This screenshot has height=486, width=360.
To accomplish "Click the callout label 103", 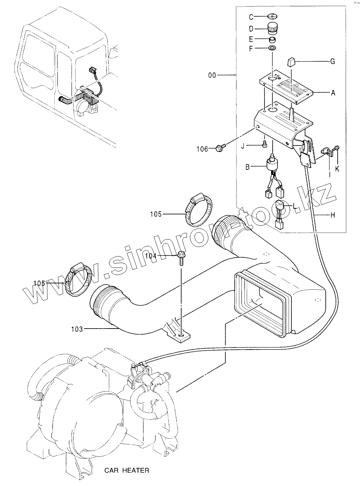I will pyautogui.click(x=77, y=329).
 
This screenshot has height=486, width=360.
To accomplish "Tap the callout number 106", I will pyautogui.click(x=202, y=149).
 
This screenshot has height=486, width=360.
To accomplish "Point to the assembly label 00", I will pyautogui.click(x=212, y=75).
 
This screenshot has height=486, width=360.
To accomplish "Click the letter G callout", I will pyautogui.click(x=332, y=62).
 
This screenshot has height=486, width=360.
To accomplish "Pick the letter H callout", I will pyautogui.click(x=333, y=215).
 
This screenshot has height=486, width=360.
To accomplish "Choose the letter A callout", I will pyautogui.click(x=333, y=93).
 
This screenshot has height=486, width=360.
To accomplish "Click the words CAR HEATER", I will pyautogui.click(x=127, y=470).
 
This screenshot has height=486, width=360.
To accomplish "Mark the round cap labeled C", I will pyautogui.click(x=273, y=16).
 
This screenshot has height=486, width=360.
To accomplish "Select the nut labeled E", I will pyautogui.click(x=273, y=39).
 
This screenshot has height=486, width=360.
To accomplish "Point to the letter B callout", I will pyautogui.click(x=247, y=167).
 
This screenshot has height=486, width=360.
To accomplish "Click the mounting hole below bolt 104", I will pyautogui.click(x=181, y=336).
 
